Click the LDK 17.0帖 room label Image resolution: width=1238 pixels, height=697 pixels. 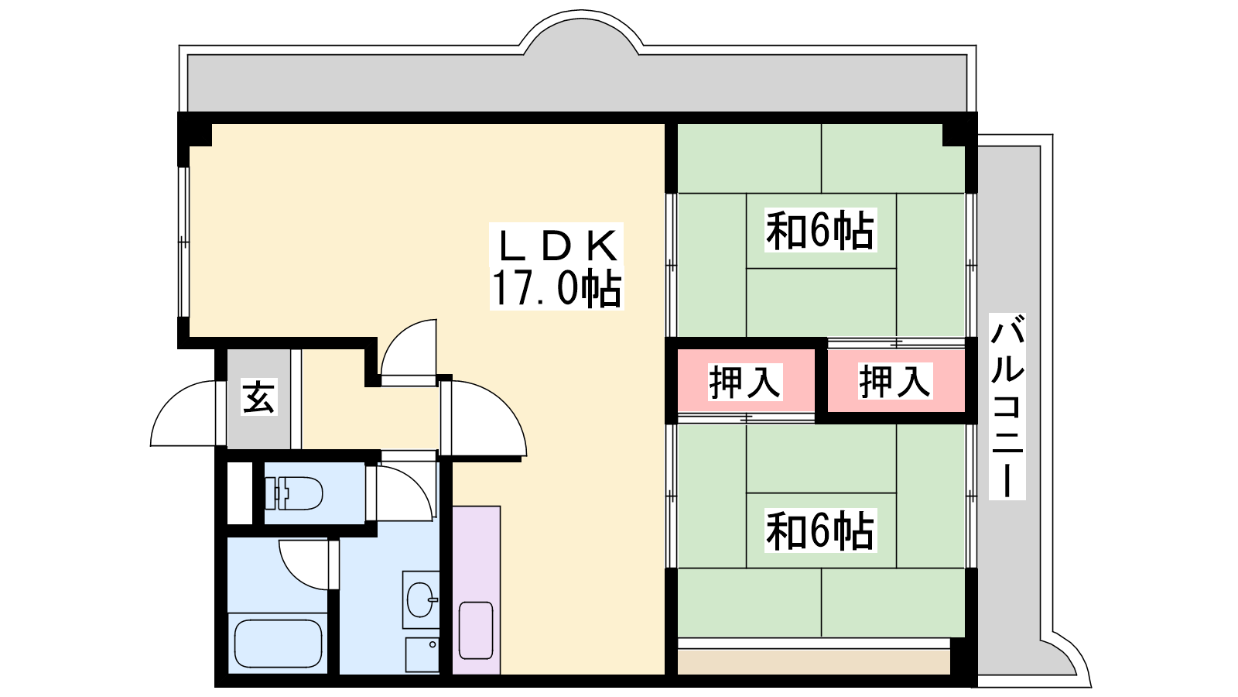click(x=556, y=266)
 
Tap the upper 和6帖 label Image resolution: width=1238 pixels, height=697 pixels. click(x=820, y=230)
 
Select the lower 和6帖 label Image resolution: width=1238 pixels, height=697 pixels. click(x=820, y=530)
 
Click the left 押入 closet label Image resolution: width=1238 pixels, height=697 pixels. click(x=745, y=382)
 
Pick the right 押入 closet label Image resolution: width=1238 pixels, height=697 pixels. click(x=895, y=381)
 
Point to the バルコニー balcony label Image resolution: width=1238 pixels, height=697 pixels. click(x=1007, y=407)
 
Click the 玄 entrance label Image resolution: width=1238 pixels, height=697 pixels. click(x=258, y=397)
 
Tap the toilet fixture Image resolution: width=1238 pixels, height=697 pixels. click(x=293, y=493)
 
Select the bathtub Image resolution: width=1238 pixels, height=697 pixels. click(x=278, y=644)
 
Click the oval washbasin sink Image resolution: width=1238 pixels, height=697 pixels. click(x=421, y=599)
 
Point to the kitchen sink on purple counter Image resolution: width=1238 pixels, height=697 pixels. click(x=476, y=630)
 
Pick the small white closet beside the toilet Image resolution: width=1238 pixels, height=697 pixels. click(x=240, y=493)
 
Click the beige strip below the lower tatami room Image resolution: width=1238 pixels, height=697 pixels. click(x=813, y=661)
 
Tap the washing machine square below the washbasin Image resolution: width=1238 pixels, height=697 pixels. click(x=422, y=654)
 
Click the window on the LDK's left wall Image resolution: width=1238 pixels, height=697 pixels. click(x=183, y=242)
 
